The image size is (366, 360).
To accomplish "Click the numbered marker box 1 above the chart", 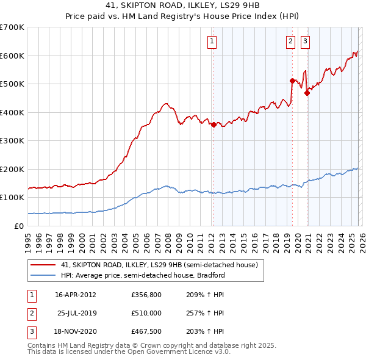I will click(212, 41).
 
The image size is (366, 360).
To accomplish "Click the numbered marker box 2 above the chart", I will click(290, 41).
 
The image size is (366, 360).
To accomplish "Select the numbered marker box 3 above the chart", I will click(304, 41).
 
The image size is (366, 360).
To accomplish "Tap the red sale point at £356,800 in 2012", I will click(213, 124).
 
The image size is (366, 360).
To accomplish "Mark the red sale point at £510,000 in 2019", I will click(292, 81).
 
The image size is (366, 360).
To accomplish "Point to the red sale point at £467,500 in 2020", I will click(307, 93).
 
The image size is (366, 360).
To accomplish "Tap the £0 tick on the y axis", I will click(18, 226).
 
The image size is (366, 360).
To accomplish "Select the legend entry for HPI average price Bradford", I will click(143, 275).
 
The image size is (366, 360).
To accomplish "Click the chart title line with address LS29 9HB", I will click(183, 6).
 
